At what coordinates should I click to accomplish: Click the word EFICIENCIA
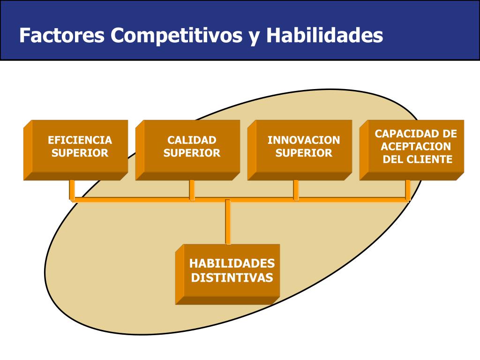80,140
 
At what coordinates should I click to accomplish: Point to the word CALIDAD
192,140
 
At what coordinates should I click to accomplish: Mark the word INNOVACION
304,140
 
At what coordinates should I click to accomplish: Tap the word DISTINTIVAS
232,278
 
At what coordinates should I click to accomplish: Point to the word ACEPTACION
416,147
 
